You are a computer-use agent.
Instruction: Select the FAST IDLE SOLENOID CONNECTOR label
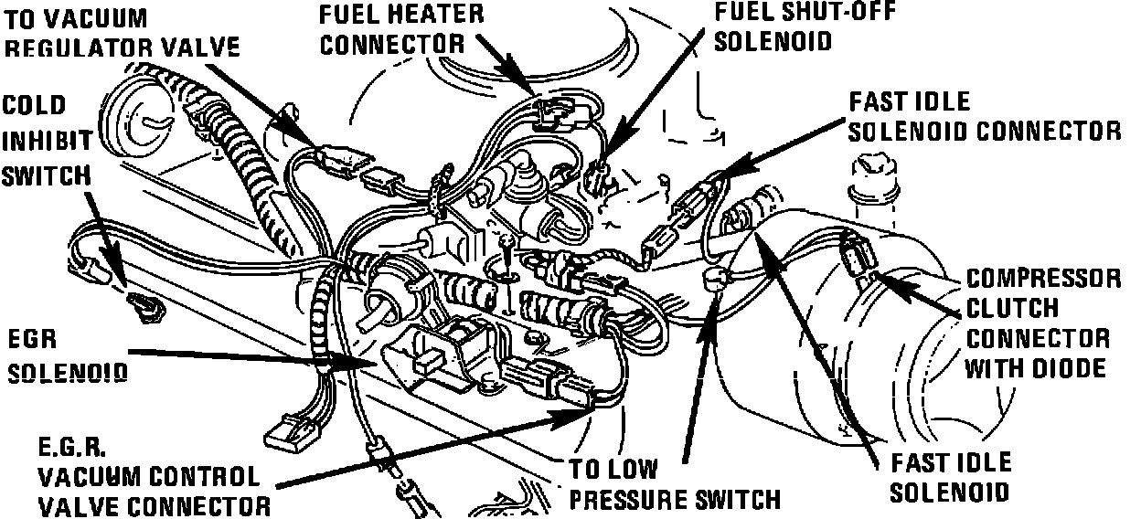[x=983, y=116]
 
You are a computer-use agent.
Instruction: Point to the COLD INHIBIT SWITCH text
[x=47, y=140]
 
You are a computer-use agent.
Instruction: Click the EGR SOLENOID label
[x=63, y=356]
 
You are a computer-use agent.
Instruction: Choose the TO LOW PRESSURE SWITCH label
[x=675, y=484]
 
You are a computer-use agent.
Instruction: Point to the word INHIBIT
[x=47, y=141]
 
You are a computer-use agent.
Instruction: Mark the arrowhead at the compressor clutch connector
[x=875, y=275]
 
